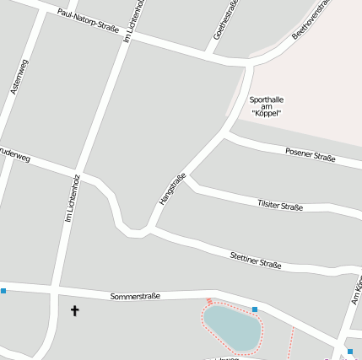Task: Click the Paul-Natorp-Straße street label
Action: [89, 24]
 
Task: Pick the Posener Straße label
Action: [310, 154]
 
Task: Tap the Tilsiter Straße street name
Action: [279, 206]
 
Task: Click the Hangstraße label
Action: [172, 189]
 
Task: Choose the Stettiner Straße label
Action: [256, 260]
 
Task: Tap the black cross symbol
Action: [74, 311]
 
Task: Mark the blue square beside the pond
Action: [255, 309]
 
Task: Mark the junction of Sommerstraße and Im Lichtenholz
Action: [54, 292]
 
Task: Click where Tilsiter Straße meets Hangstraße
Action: [189, 180]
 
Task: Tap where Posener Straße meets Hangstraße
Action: [224, 133]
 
